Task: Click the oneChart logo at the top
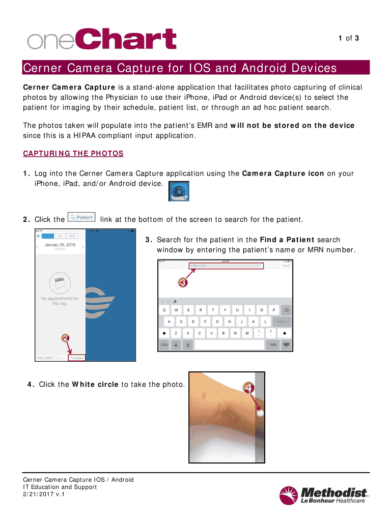[x=102, y=40]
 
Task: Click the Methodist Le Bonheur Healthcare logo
[x=323, y=495]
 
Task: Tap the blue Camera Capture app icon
[x=179, y=191]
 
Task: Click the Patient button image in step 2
[x=81, y=217]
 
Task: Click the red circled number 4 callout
[x=249, y=389]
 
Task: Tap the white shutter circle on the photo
[x=260, y=414]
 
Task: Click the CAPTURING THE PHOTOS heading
[x=73, y=154]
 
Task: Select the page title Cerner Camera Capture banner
[x=180, y=68]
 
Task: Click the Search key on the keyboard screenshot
[x=282, y=322]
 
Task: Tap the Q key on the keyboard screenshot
[x=164, y=310]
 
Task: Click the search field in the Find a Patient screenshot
[x=225, y=266]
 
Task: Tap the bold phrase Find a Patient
[x=287, y=240]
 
